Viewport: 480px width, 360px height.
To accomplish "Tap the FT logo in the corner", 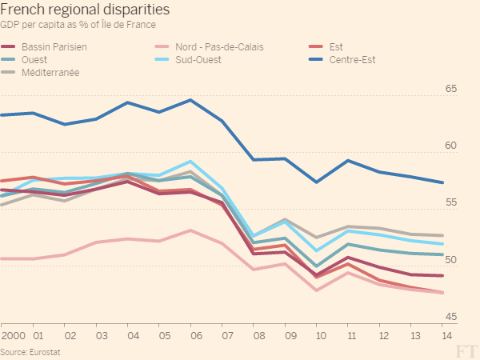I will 465,350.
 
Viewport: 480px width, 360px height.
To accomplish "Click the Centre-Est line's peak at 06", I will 190,100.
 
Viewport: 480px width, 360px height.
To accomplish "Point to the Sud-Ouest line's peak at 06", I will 190,162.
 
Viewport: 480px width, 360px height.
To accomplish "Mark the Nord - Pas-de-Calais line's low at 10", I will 317,290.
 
